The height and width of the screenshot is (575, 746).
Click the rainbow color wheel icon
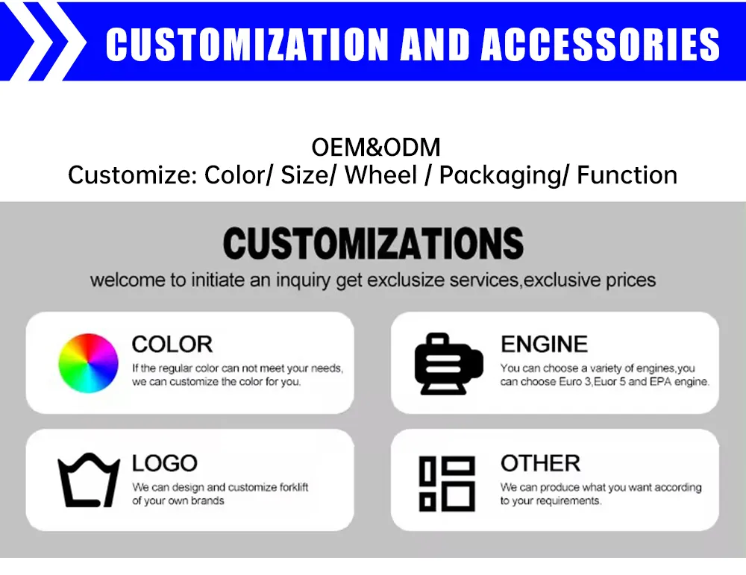[x=89, y=363]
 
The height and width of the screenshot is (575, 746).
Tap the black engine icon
[x=448, y=363]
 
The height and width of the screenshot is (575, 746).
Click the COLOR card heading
[x=172, y=344]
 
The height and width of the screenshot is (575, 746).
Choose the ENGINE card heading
[x=544, y=344]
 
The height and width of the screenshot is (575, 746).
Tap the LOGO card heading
[x=164, y=463]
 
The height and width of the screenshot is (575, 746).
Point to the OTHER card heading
[x=540, y=463]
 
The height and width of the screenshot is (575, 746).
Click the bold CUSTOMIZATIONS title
[x=373, y=243]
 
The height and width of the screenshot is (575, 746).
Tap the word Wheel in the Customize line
[x=380, y=176]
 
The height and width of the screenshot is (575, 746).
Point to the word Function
[x=627, y=176]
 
